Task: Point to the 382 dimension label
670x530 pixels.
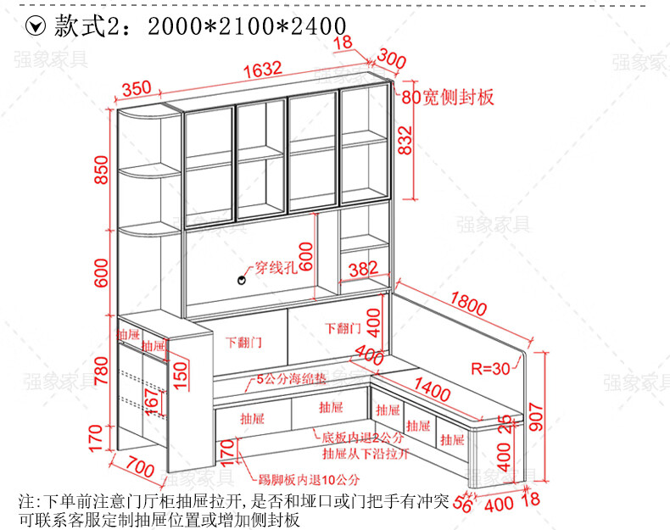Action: tap(362, 270)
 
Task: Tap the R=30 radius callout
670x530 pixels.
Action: tap(490, 369)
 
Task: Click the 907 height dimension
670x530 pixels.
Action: tap(537, 416)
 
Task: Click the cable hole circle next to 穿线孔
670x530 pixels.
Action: tap(241, 278)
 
